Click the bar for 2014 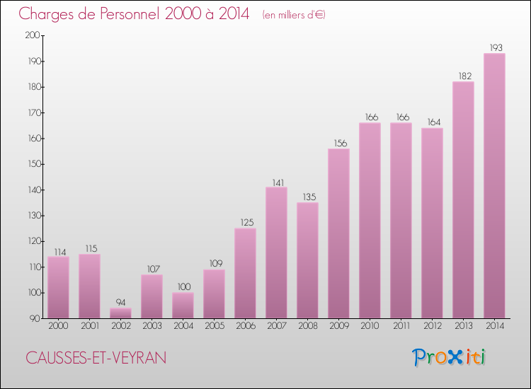pos(494,186)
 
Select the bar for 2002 pos(120,313)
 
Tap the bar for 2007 pos(276,252)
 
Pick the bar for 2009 pos(338,233)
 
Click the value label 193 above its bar pos(494,48)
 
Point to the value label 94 pos(120,302)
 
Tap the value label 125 pos(245,223)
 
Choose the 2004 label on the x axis pos(183,326)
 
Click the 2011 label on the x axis pos(401,326)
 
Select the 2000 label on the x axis pos(58,326)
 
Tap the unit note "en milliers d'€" pos(293,15)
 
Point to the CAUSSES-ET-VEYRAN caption pos(96,359)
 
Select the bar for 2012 pos(432,223)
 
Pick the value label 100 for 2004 pos(183,286)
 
